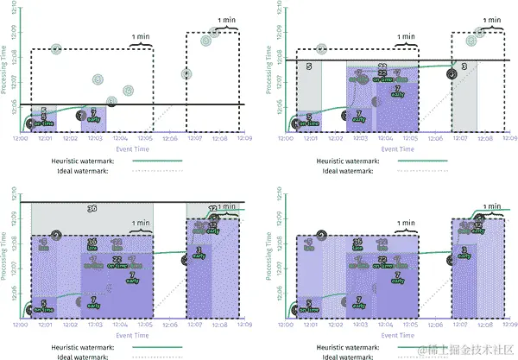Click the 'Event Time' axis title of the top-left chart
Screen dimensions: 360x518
132,148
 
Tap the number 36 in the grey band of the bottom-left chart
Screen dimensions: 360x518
92,208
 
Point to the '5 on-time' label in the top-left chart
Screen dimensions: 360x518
44,120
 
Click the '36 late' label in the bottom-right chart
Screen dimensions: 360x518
357,244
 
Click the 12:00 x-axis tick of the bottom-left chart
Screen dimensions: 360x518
20,325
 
